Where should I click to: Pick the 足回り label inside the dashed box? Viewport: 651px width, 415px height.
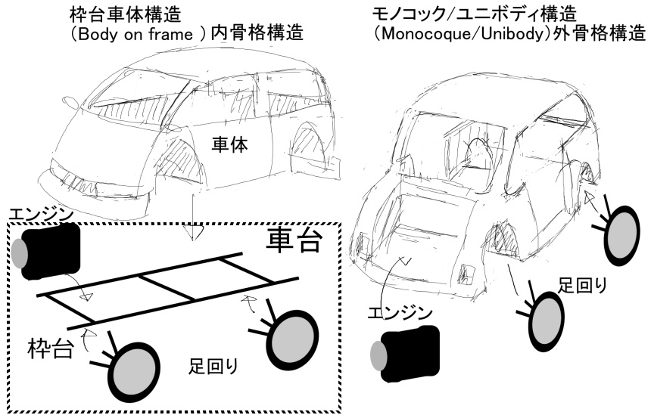tap(214, 368)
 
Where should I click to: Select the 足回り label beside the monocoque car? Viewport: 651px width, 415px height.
tap(583, 285)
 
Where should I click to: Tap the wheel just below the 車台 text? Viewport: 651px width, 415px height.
tap(291, 333)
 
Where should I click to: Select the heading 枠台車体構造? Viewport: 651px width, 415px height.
tap(130, 14)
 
